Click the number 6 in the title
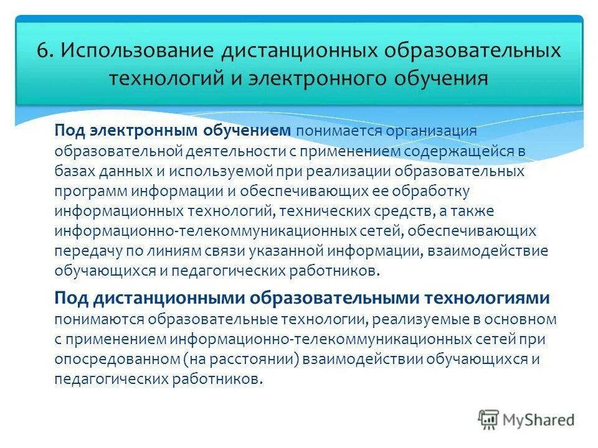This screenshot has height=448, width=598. pos(42,51)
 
